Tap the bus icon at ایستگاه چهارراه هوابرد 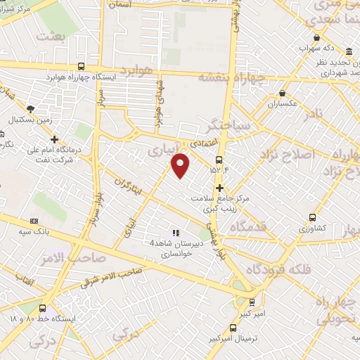point(82,65)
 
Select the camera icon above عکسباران point(283,92)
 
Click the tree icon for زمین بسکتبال point(30,108)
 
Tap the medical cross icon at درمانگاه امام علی point(55,139)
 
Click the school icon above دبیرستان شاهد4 point(176,232)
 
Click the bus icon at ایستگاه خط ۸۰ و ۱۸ point(43,308)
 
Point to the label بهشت point(51,35)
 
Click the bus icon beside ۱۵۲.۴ point(219,160)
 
